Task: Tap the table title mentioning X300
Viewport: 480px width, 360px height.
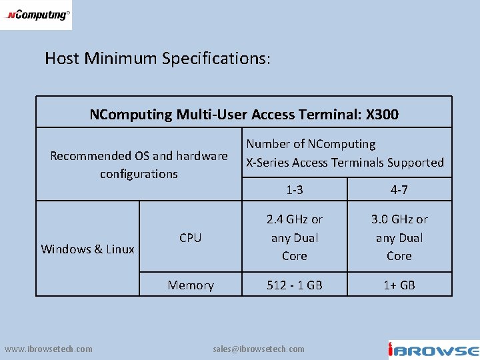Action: pos(244,115)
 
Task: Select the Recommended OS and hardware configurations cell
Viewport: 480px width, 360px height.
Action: pos(139,165)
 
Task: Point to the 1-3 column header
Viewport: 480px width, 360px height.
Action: pos(294,190)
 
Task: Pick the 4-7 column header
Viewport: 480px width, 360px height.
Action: pos(399,190)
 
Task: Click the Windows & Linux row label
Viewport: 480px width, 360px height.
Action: pos(87,249)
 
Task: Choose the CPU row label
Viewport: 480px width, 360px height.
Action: pos(190,237)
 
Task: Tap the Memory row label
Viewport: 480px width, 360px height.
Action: pos(191,285)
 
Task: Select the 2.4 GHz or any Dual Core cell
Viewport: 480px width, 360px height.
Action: pos(294,237)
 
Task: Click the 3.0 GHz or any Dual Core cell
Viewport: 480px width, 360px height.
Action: pos(399,237)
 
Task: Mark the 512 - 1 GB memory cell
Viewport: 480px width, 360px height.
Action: pos(294,285)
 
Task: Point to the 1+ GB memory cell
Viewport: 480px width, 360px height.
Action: pos(399,285)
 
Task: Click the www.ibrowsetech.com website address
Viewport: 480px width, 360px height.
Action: pos(49,349)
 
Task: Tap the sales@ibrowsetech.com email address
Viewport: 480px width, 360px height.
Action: pos(259,349)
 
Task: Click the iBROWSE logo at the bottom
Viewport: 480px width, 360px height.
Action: pos(433,350)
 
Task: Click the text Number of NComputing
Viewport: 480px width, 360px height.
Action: pos(311,144)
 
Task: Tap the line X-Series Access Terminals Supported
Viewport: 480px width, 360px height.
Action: pos(345,163)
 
